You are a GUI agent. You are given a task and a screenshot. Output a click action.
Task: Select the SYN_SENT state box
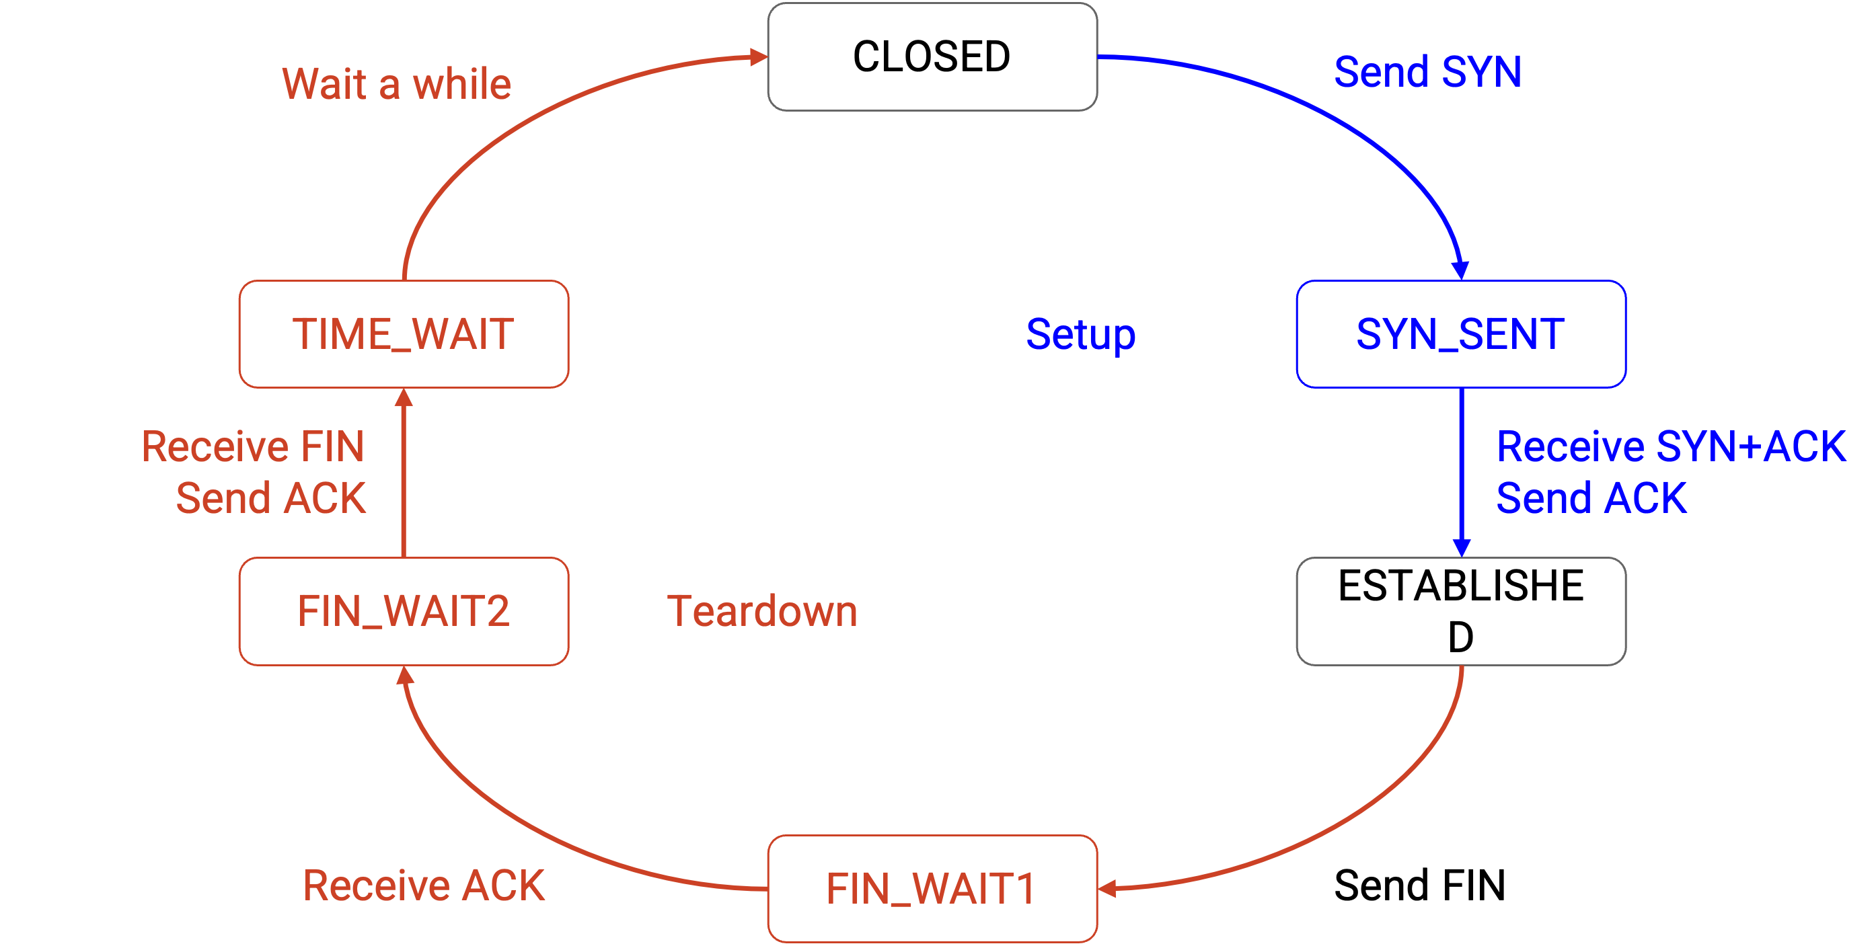(1461, 333)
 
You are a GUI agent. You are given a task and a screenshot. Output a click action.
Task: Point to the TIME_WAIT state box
(404, 333)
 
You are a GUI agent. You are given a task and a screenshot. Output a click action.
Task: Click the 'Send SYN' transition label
(1427, 72)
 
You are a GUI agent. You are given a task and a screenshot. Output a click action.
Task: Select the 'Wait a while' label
(396, 83)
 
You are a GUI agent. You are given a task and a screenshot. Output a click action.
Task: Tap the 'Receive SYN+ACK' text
(1671, 446)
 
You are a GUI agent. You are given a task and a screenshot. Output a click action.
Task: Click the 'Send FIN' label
(1419, 885)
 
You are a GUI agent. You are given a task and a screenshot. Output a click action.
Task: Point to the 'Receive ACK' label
(423, 885)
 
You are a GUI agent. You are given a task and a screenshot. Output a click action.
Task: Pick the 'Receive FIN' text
(252, 446)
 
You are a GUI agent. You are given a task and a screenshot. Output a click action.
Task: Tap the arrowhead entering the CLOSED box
(759, 56)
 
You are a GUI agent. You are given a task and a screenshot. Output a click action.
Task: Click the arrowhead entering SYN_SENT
(1460, 270)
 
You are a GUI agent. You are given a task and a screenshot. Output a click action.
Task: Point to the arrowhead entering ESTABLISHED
(1462, 548)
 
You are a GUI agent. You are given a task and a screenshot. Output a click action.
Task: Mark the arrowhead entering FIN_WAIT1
(1107, 889)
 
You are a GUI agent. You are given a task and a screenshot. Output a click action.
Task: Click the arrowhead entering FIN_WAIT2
(404, 676)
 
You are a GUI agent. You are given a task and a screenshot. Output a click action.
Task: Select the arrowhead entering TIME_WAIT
(404, 398)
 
